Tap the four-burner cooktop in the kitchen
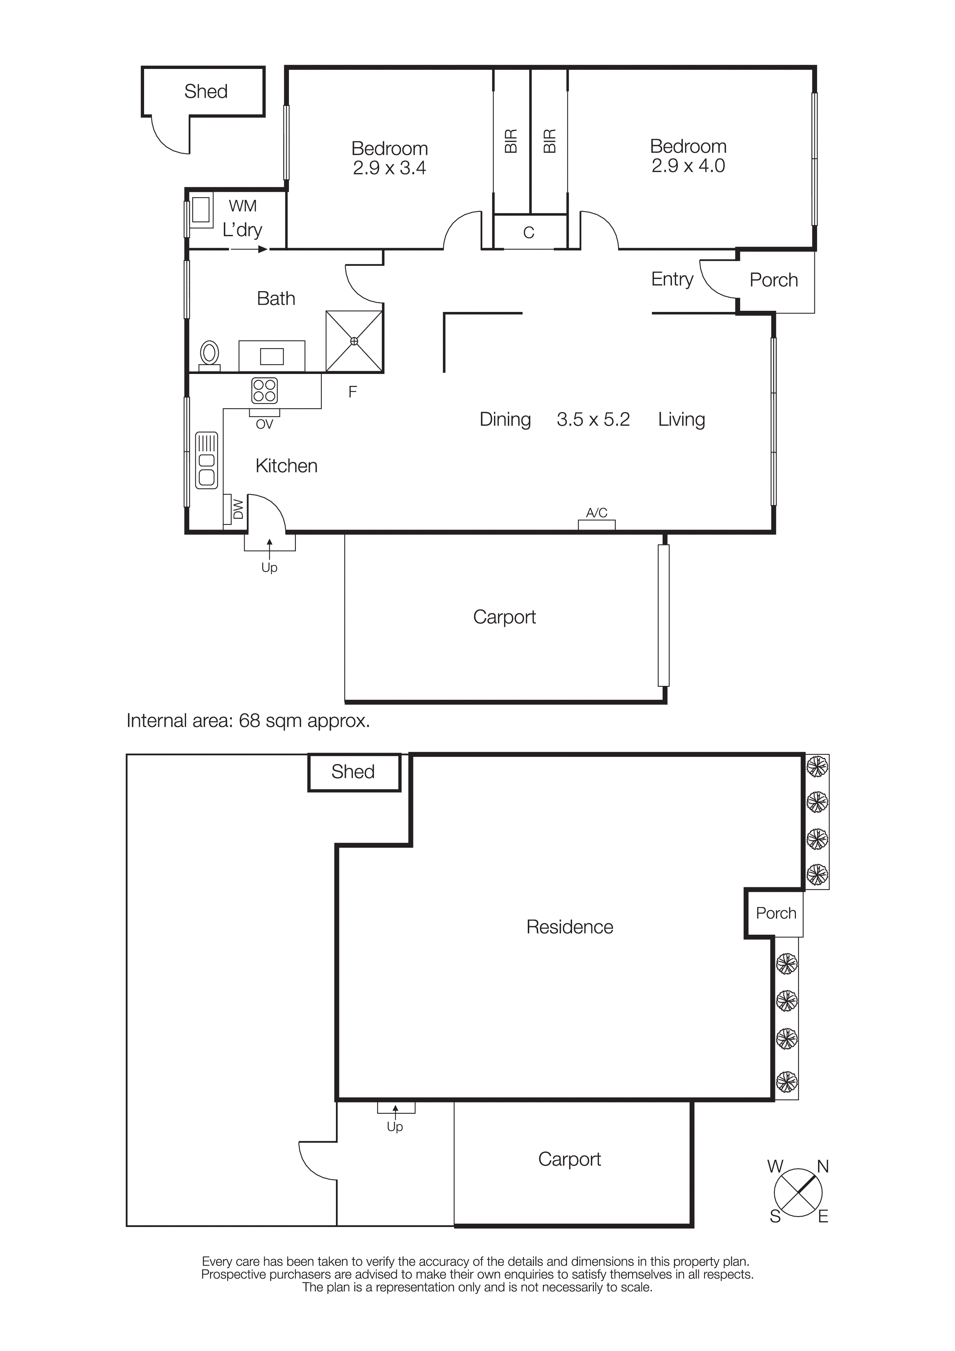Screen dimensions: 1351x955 264,391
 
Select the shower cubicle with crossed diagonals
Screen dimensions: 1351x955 354,341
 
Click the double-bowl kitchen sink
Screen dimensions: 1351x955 206,461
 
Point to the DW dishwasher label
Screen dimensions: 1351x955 238,509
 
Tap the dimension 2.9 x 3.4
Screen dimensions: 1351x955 389,168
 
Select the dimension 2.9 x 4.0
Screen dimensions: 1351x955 688,166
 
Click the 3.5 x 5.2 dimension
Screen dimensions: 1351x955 593,419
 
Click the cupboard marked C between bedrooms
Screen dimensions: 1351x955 529,233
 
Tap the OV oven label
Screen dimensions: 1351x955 264,424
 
